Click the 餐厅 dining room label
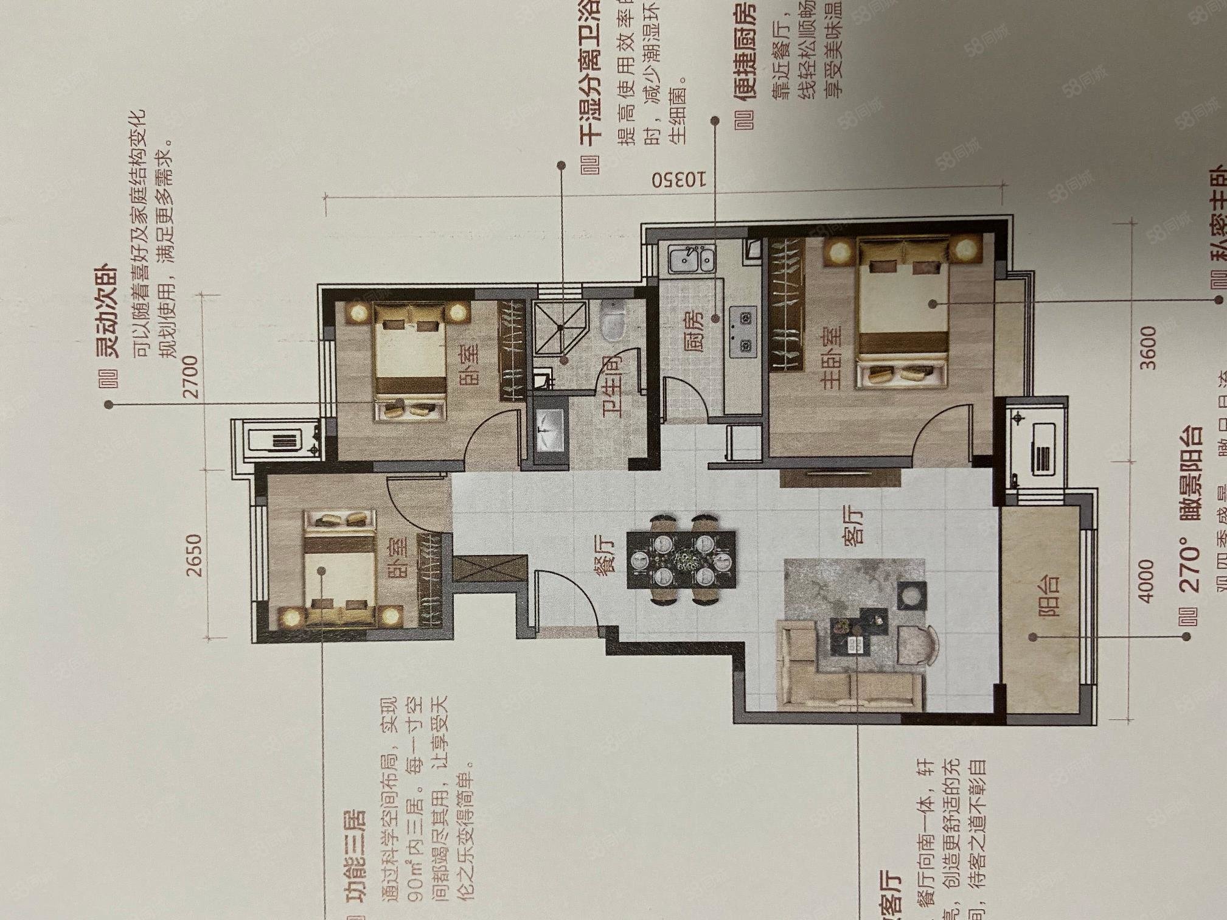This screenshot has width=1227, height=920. click(x=605, y=553)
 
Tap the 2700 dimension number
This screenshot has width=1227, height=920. click(x=190, y=375)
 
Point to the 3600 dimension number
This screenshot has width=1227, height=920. click(x=1147, y=347)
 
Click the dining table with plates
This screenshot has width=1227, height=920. click(x=681, y=560)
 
